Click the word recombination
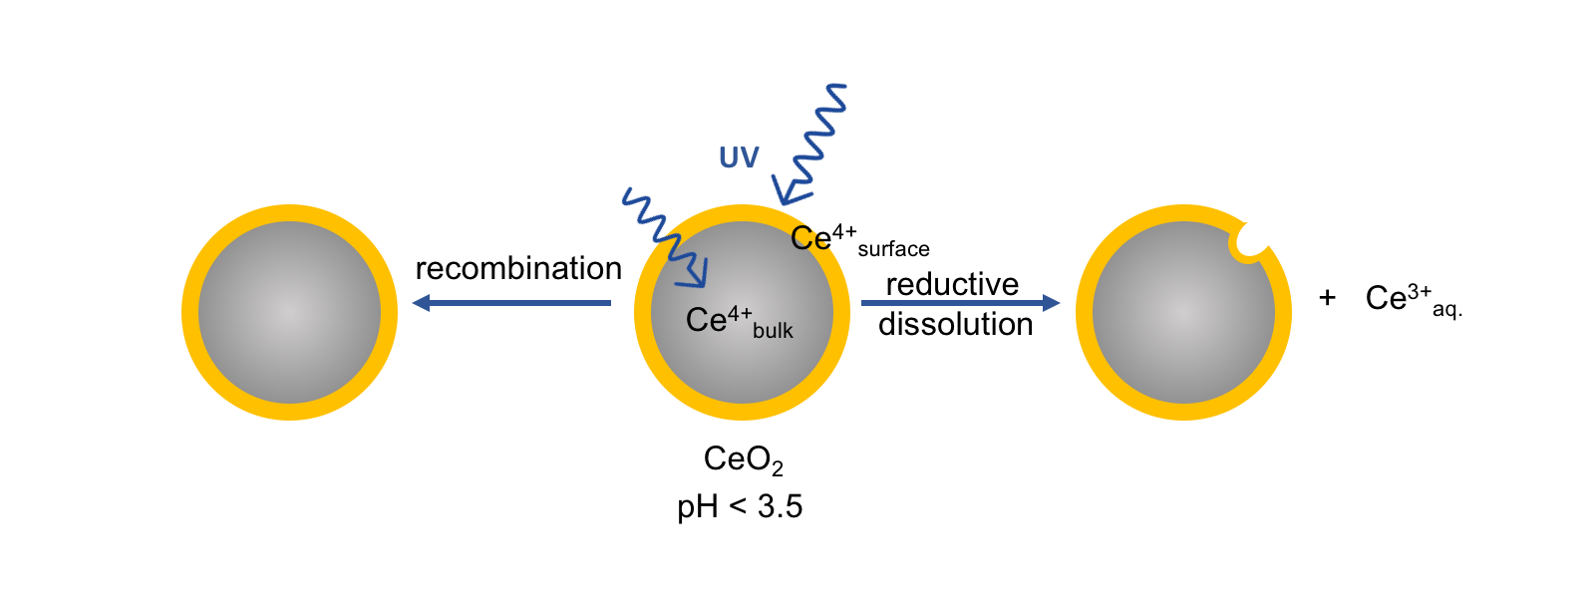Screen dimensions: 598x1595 coord(518,269)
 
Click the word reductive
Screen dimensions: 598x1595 coord(952,285)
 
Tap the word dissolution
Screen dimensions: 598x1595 coord(955,325)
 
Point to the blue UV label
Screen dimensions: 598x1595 coord(739,157)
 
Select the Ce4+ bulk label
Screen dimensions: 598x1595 coord(739,321)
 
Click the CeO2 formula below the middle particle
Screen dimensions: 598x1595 coord(743,459)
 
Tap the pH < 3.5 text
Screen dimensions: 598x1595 coord(740,507)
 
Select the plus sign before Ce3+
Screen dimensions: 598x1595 coord(1327,297)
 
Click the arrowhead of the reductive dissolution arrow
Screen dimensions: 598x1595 coord(1050,302)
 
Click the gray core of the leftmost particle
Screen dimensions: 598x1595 coord(289,313)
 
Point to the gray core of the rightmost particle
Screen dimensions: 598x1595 coord(1183,313)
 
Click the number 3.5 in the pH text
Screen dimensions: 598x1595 coord(780,507)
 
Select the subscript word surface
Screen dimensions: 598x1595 coord(893,249)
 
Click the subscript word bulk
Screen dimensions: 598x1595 coord(773,331)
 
